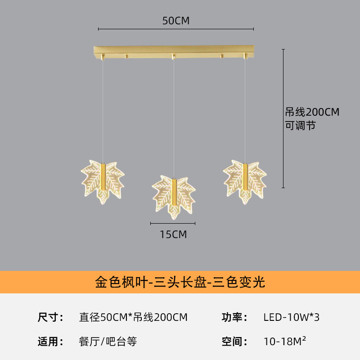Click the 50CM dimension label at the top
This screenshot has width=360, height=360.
[x=176, y=21]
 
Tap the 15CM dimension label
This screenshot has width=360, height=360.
[x=173, y=234]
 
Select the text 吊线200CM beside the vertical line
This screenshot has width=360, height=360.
[x=312, y=112]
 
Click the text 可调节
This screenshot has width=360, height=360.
[x=300, y=126]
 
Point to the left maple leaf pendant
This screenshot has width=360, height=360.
[x=103, y=182]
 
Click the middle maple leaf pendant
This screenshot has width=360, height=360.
[x=174, y=198]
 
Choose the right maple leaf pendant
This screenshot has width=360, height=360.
[x=245, y=182]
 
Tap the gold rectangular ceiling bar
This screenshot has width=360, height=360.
[x=174, y=52]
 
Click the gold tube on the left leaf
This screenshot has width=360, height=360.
[x=103, y=176]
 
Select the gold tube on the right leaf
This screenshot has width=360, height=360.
[x=245, y=176]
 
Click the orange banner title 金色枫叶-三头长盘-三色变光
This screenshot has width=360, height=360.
[x=180, y=282]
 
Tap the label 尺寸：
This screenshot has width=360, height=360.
[x=50, y=317]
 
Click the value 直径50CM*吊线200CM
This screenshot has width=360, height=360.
[x=133, y=317]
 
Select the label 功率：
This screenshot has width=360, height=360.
[x=234, y=317]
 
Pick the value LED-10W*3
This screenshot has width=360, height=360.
[x=291, y=317]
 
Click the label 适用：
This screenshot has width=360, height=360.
[x=50, y=342]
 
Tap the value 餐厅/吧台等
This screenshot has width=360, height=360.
[x=108, y=342]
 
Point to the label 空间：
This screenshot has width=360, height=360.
[x=234, y=342]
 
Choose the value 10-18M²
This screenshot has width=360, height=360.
[x=285, y=341]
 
